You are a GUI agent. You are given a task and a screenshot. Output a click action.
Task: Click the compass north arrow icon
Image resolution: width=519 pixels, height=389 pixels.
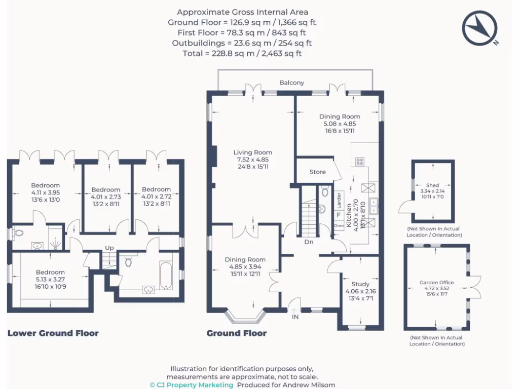pyautogui.click(x=479, y=28)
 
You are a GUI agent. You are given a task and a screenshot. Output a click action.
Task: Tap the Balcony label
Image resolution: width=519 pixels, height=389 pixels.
pyautogui.click(x=292, y=83)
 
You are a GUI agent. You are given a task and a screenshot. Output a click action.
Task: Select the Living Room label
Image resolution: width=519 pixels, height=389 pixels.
pyautogui.click(x=252, y=152)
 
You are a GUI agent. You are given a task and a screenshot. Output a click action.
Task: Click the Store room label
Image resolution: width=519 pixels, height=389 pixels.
pyautogui.click(x=317, y=172)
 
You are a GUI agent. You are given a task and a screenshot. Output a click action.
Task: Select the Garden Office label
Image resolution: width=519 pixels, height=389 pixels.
pyautogui.click(x=436, y=283)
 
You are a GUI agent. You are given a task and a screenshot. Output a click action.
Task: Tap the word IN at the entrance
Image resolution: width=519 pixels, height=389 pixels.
pyautogui.click(x=295, y=317)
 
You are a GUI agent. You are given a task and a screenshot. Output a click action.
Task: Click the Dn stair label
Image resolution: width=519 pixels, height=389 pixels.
pyautogui.click(x=309, y=242)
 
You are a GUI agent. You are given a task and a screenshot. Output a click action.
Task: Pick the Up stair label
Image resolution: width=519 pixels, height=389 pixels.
pyautogui.click(x=109, y=248)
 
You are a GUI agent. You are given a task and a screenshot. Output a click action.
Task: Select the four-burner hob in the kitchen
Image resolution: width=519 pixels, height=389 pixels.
pyautogui.click(x=360, y=162)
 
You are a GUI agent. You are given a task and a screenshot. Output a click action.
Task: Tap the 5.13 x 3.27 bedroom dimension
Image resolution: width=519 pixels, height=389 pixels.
pyautogui.click(x=50, y=279)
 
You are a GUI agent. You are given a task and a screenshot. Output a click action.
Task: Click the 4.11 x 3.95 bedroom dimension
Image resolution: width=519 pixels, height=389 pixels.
pyautogui.click(x=46, y=192)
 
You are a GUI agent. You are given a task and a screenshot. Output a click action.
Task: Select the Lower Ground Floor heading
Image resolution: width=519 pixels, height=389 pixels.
pyautogui.click(x=53, y=333)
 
